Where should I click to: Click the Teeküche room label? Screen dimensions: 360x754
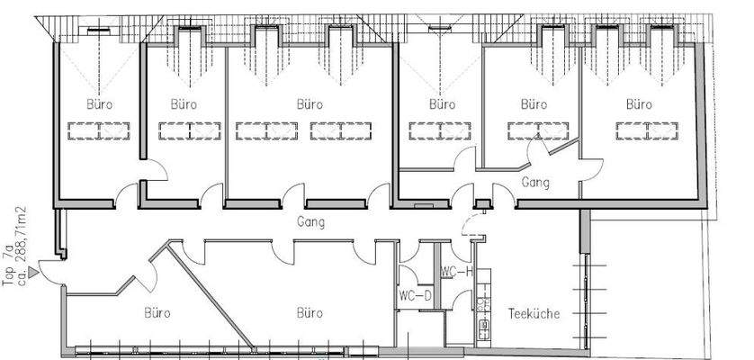(x=534, y=314)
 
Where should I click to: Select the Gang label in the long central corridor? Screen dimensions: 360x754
(x=310, y=220)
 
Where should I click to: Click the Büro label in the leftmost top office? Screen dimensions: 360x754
(x=99, y=104)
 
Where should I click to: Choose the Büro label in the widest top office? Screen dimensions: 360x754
(x=309, y=104)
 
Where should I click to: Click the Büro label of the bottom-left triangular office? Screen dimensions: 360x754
(x=157, y=314)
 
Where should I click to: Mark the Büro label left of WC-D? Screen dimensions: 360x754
(x=309, y=314)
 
